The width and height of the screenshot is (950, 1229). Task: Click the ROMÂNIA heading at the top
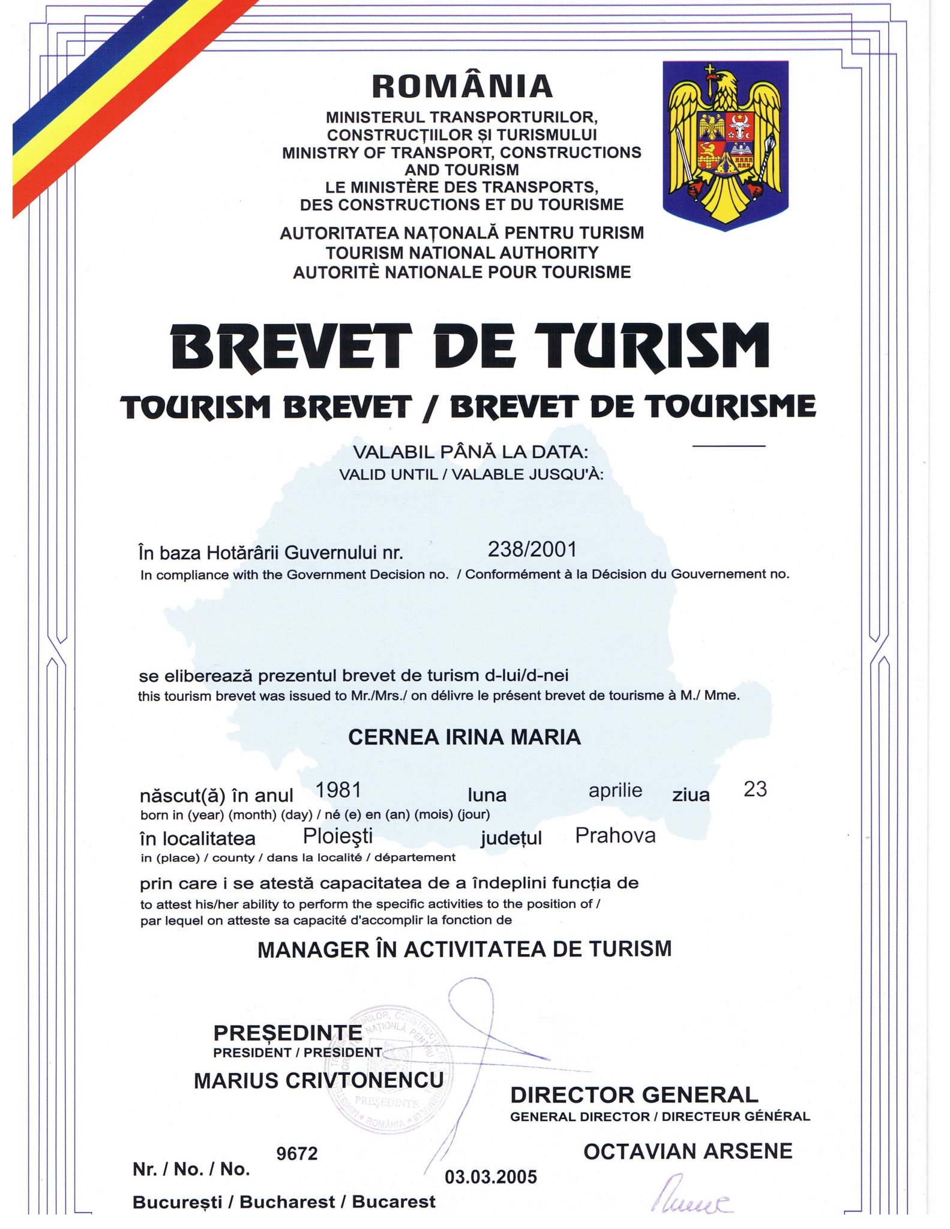pyautogui.click(x=461, y=86)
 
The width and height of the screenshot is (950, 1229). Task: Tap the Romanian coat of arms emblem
pyautogui.click(x=725, y=145)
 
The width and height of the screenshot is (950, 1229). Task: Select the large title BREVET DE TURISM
pyautogui.click(x=470, y=347)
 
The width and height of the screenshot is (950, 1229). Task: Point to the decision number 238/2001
pyautogui.click(x=532, y=550)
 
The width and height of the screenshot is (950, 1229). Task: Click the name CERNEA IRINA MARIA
pyautogui.click(x=464, y=737)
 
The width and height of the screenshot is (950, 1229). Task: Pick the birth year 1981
pyautogui.click(x=338, y=790)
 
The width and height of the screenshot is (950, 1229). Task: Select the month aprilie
pyautogui.click(x=615, y=790)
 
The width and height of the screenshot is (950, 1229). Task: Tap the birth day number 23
pyautogui.click(x=755, y=789)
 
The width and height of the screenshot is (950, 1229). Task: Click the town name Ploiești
pyautogui.click(x=338, y=835)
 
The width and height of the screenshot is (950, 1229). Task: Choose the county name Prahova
pyautogui.click(x=615, y=835)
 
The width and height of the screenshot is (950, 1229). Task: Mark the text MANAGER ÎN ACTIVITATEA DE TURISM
pyautogui.click(x=464, y=949)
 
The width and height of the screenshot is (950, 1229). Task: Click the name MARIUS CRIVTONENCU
pyautogui.click(x=319, y=1080)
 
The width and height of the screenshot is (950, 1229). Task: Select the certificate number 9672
pyautogui.click(x=296, y=1153)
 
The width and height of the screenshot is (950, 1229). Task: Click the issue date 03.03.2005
pyautogui.click(x=490, y=1177)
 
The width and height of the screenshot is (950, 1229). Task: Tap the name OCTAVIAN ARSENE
pyautogui.click(x=688, y=1152)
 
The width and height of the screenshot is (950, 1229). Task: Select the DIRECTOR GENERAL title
pyautogui.click(x=634, y=1095)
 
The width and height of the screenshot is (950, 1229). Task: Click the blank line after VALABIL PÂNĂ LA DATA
pyautogui.click(x=729, y=446)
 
